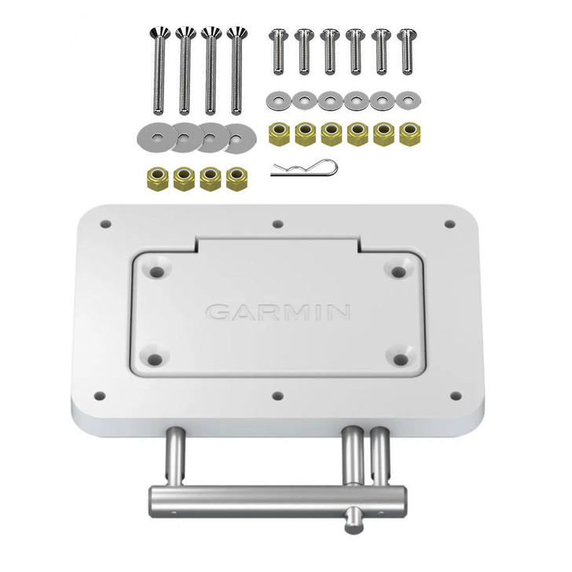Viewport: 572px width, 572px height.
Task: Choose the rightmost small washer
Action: (x=406, y=100)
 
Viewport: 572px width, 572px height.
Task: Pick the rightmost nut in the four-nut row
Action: (x=235, y=178)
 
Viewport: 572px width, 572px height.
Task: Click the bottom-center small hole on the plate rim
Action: (x=276, y=398)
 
